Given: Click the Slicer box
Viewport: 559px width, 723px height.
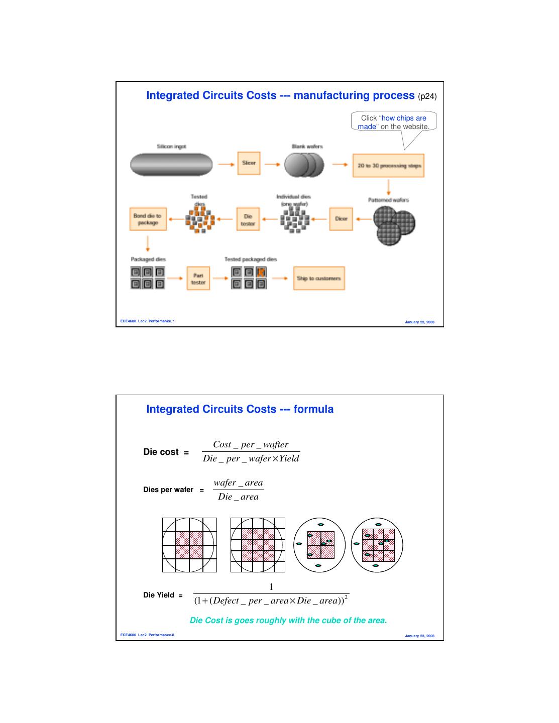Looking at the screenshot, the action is tap(249, 163).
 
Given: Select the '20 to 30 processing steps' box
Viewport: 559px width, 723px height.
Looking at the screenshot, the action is tap(388, 166).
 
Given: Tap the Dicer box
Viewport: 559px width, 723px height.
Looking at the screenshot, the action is tap(341, 219).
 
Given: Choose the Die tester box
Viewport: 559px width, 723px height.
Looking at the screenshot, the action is tap(248, 219).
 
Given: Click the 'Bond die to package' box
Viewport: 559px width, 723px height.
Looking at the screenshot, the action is tap(148, 219).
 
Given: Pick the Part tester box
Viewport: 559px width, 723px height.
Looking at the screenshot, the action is tap(198, 279).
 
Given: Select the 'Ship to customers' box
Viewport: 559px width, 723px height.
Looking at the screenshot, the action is tap(319, 278).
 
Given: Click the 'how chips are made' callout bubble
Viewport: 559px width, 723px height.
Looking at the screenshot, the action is tap(394, 122).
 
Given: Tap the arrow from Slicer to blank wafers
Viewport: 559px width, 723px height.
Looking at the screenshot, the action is tap(272, 164).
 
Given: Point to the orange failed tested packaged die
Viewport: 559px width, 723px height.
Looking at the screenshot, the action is tap(261, 273).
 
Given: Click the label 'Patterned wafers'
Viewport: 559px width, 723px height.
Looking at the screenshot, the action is tap(388, 200).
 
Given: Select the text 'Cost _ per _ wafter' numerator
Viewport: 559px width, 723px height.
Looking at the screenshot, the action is tap(251, 444).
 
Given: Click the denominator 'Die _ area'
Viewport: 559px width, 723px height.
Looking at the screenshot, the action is tap(238, 497).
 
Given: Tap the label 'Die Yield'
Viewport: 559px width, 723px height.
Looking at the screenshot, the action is tap(159, 595).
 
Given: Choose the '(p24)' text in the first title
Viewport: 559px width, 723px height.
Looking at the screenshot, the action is tap(427, 96).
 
